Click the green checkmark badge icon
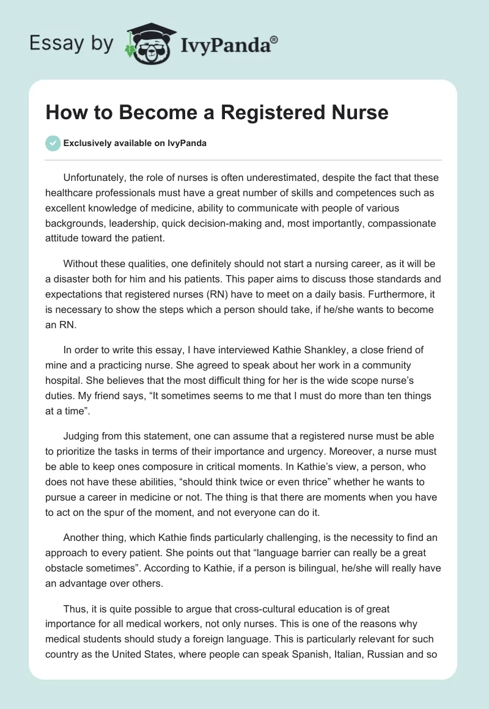(53, 143)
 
